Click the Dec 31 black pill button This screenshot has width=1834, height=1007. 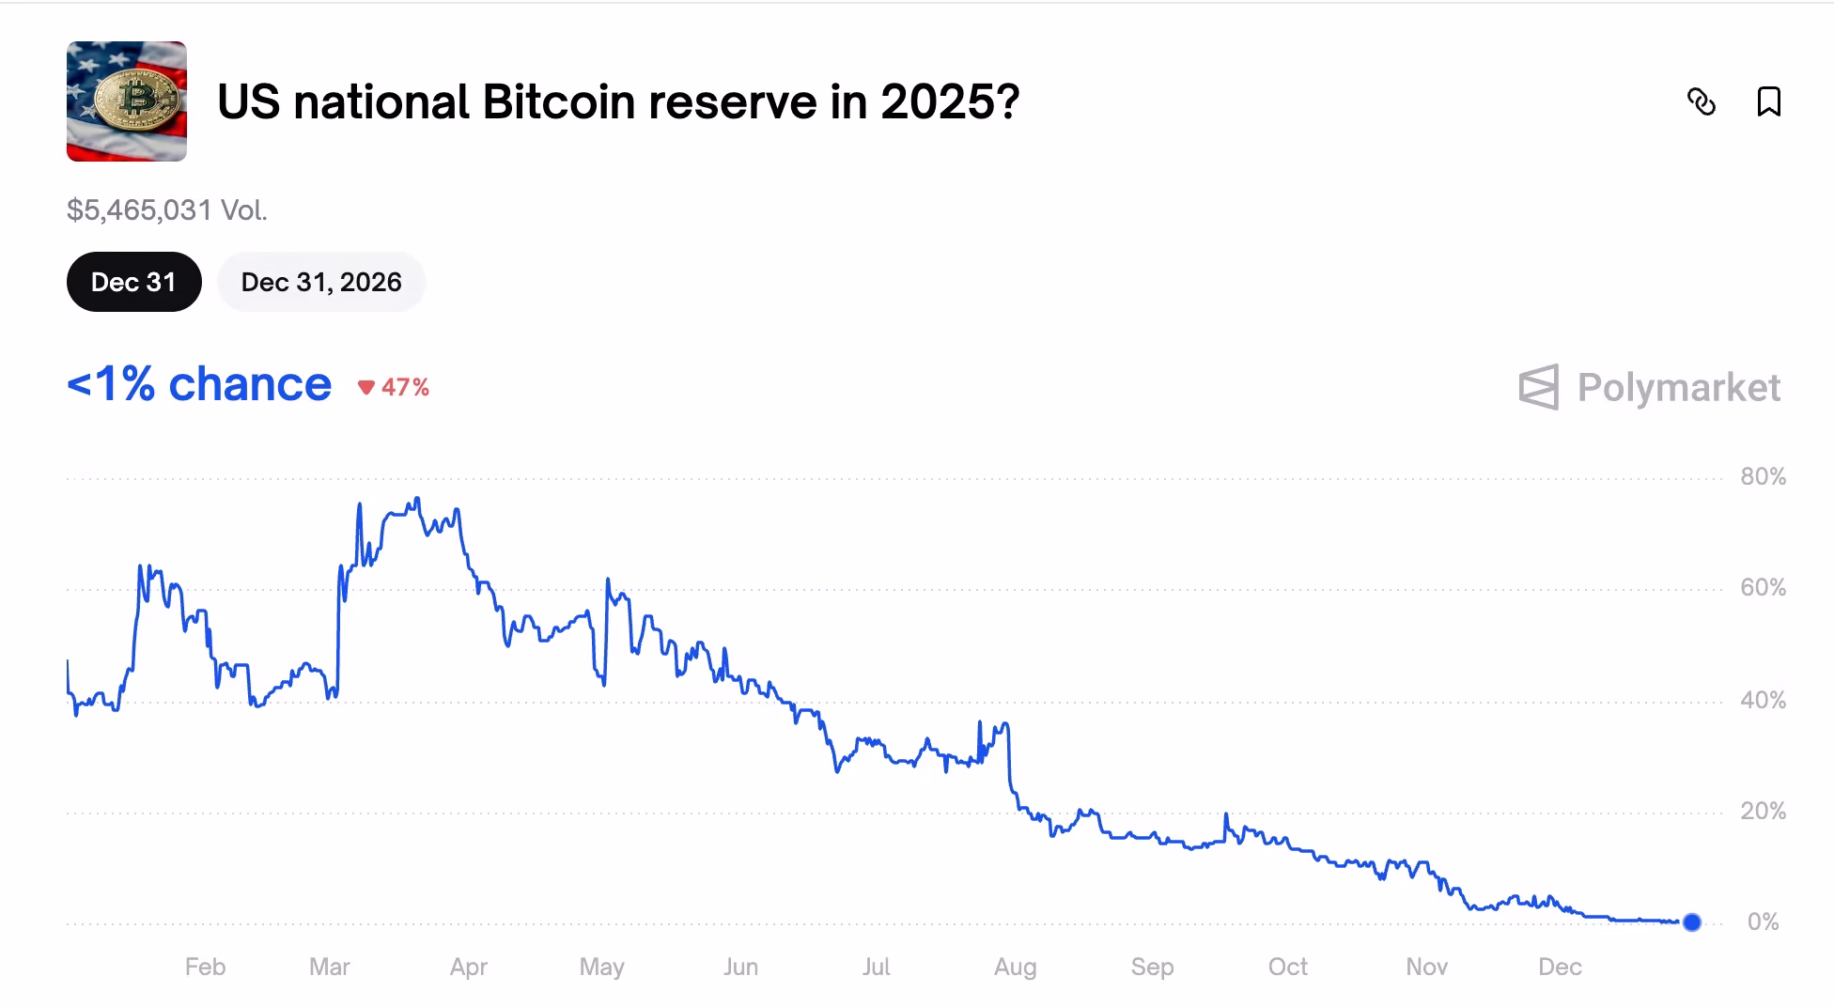133,282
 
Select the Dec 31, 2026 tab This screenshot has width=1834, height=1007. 320,282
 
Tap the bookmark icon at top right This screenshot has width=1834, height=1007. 1768,101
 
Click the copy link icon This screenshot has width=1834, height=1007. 1701,101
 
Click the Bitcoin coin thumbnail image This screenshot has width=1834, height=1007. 127,101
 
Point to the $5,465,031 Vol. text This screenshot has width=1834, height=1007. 167,210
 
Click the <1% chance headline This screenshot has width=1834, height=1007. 199,385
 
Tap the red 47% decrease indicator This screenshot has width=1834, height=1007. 394,387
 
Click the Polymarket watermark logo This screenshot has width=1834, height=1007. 1649,387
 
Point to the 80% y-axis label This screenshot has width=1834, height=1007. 1763,477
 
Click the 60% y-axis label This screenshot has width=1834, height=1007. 1763,588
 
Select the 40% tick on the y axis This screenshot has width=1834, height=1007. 1763,700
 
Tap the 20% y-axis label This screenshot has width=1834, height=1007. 1763,811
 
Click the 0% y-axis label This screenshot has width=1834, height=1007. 1763,922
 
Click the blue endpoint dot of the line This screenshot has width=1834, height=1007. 1691,922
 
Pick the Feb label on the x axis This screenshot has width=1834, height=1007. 205,967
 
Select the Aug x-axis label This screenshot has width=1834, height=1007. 1015,967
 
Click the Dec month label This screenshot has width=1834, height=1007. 1560,967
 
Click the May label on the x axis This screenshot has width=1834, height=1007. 601,967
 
